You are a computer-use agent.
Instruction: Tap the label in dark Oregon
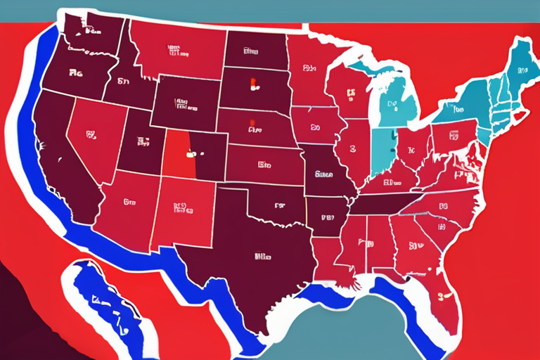[75, 72]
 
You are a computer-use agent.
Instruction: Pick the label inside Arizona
[129, 202]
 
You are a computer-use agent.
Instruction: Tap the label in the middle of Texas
[264, 257]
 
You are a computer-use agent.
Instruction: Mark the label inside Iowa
[315, 129]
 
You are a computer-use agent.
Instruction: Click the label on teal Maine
[522, 71]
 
